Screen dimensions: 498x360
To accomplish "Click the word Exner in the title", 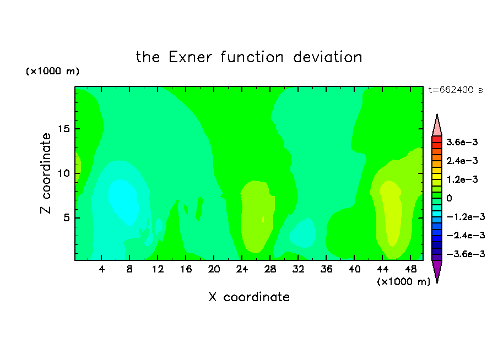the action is point(190,57).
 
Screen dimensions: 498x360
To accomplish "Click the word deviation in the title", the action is point(328,57).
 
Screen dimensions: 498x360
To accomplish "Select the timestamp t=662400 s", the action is point(456,90).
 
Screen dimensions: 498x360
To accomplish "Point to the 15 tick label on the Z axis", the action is point(63,129).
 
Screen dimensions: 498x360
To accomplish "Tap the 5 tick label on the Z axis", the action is point(66,218).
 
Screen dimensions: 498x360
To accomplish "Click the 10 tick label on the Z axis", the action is point(63,173).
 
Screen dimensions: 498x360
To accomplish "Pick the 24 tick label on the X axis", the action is point(242,270).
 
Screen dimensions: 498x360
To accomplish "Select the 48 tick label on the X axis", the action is point(410,270).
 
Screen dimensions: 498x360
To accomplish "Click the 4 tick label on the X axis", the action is point(101,270).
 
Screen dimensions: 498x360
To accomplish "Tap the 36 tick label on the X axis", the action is point(326,270).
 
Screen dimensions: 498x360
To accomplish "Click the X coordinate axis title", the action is point(249,297).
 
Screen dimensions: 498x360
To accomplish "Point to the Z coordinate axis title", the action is point(46,173).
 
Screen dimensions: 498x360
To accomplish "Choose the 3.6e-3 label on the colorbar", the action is point(462,142).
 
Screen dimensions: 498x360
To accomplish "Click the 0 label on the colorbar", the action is point(449,198).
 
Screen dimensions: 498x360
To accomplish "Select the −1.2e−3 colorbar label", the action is point(465,217).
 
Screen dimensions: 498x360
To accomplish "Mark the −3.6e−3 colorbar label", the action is point(465,254).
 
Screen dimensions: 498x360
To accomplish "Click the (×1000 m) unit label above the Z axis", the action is point(52,71).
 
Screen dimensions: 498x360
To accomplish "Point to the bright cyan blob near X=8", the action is point(123,202).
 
